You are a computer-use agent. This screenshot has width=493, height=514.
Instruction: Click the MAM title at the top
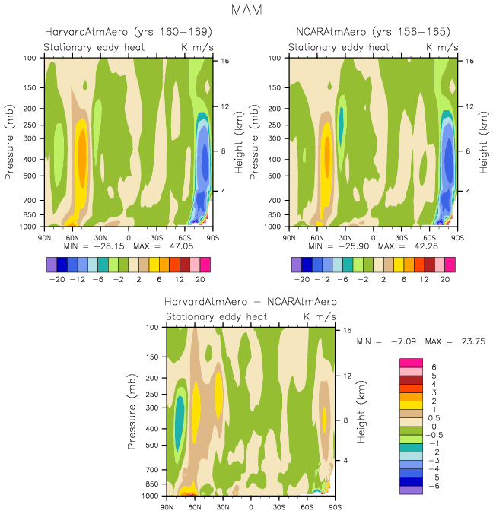tap(247, 11)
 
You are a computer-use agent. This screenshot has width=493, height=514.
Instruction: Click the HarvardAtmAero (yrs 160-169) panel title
tap(128, 32)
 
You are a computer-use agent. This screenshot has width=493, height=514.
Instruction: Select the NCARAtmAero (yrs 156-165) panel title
tap(373, 32)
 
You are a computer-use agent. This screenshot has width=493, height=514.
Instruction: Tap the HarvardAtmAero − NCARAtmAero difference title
tap(251, 302)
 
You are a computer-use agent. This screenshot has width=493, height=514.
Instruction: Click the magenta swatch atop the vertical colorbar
tap(412, 361)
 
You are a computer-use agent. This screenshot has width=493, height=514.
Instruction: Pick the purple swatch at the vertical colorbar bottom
tap(412, 490)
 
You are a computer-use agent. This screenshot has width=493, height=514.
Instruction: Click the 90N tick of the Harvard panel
tap(44, 236)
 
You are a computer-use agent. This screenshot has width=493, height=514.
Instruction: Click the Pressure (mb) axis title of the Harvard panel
tap(11, 143)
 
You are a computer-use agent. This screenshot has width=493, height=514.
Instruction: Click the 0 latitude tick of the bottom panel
tap(251, 506)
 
